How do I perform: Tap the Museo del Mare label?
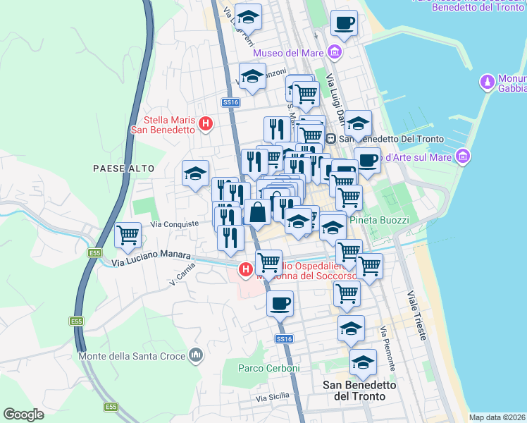[x=287, y=53]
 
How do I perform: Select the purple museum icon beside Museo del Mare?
[x=334, y=52]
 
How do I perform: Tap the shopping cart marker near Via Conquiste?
[x=128, y=235]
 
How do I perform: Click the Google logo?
[x=23, y=414]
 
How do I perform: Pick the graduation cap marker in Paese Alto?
[x=195, y=173]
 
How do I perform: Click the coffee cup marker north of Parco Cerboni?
[x=280, y=304]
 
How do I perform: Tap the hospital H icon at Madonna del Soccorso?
[x=245, y=269]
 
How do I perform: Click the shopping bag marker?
[x=259, y=211]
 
